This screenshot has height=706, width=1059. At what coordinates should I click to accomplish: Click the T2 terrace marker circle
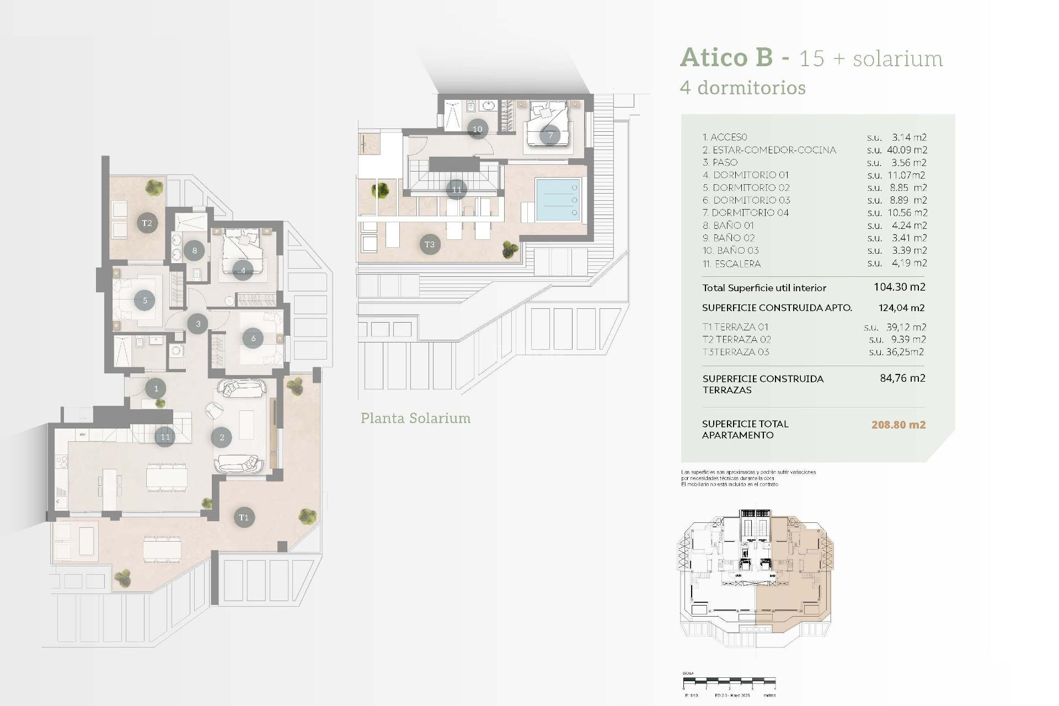point(147,223)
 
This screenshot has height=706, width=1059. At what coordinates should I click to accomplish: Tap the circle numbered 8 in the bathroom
point(194,250)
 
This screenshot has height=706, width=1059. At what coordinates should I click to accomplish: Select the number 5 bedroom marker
point(145,301)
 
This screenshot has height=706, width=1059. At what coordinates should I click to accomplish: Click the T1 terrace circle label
point(244,517)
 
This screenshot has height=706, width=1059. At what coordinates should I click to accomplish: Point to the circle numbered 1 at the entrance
point(156,388)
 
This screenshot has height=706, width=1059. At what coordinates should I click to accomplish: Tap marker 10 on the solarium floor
point(478,129)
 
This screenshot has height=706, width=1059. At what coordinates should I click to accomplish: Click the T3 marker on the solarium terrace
point(430,244)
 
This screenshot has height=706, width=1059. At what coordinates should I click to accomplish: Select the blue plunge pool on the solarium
point(558,200)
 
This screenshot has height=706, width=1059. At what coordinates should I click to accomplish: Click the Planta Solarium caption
point(415,418)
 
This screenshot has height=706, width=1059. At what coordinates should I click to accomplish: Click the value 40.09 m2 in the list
point(907,150)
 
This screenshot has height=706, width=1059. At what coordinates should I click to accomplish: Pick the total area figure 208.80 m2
point(898,425)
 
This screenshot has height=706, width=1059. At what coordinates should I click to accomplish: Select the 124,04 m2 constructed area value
point(901,308)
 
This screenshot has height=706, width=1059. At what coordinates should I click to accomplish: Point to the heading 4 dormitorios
point(742,88)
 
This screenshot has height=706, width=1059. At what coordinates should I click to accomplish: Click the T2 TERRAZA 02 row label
point(736,339)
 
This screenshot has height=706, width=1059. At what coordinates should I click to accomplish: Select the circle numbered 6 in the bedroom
point(253,338)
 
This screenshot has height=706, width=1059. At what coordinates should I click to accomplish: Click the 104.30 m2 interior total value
point(899,287)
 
